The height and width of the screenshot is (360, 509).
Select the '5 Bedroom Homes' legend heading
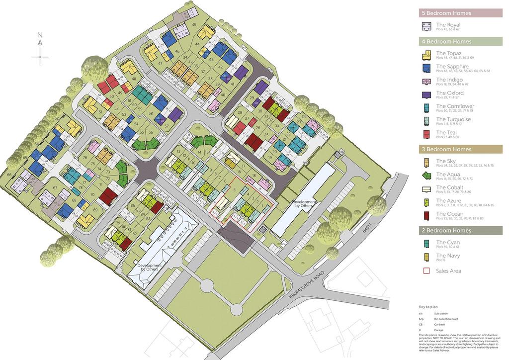pyautogui.click(x=446, y=13)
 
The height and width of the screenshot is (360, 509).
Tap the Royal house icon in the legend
pyautogui.click(x=426, y=26)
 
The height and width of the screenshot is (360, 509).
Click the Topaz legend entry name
pyautogui.click(x=449, y=53)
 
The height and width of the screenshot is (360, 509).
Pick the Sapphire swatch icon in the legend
pyautogui.click(x=426, y=68)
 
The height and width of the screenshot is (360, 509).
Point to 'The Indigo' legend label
pyautogui.click(x=449, y=80)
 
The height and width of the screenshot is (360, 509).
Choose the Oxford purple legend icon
pyautogui.click(x=426, y=94)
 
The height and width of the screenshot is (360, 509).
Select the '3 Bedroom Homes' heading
pyautogui.click(x=446, y=149)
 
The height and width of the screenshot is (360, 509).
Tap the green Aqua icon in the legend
pyautogui.click(x=426, y=176)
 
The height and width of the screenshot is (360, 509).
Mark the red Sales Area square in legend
pyautogui.click(x=426, y=271)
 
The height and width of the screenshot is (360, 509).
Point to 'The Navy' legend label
pyautogui.click(x=448, y=256)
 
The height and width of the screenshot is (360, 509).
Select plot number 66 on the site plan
pyautogui.click(x=9, y=175)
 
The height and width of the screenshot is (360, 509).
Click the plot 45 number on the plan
pyautogui.click(x=194, y=25)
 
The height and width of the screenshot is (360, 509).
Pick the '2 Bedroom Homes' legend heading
pyautogui.click(x=446, y=231)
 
